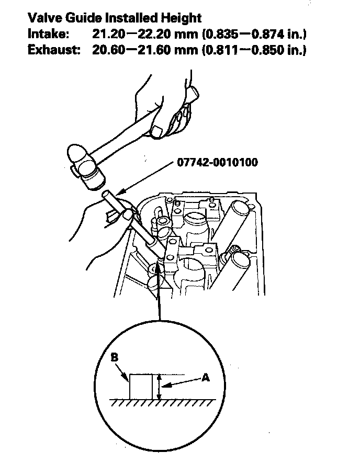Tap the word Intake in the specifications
(46, 35)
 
